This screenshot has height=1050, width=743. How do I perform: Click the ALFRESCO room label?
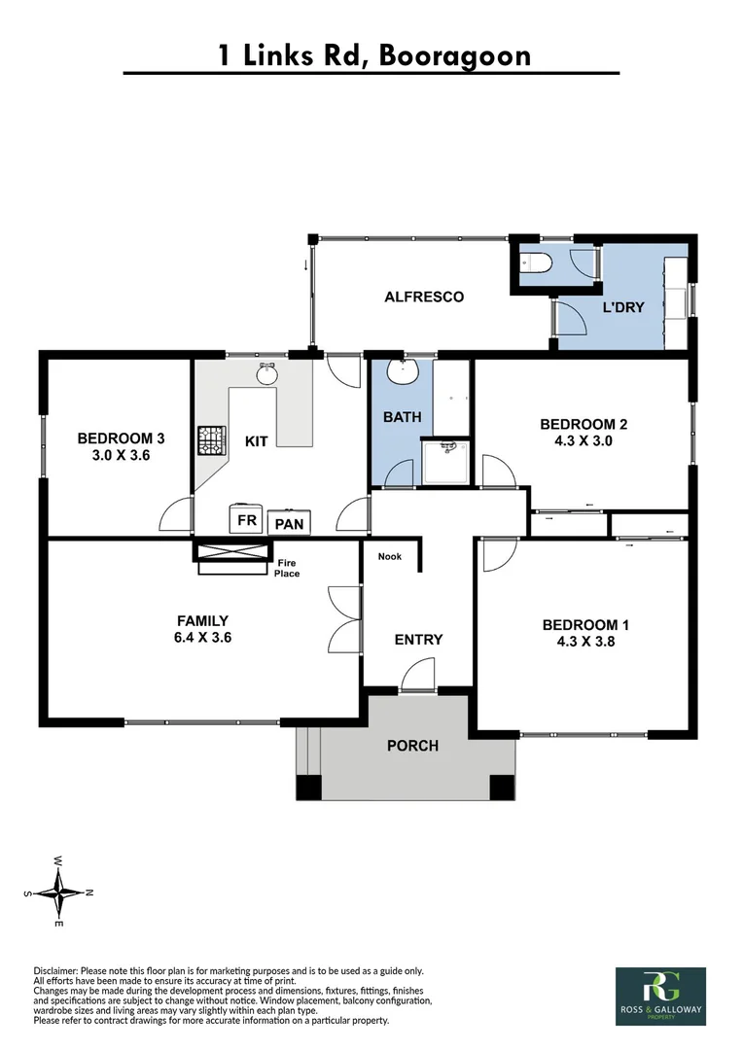[423, 297]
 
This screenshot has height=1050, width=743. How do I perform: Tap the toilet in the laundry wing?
[539, 262]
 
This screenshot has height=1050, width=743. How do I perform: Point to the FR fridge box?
[247, 520]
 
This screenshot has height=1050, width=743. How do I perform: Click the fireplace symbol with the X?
[231, 552]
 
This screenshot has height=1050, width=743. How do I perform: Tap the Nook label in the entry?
[389, 557]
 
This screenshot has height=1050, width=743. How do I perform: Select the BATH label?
[402, 417]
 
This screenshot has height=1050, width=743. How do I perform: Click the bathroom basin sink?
[401, 371]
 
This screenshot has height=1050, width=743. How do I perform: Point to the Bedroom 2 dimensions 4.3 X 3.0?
[578, 440]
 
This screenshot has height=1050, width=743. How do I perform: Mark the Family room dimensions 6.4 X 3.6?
[202, 638]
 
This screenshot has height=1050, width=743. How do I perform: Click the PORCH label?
[412, 746]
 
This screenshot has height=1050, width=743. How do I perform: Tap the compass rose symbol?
[59, 891]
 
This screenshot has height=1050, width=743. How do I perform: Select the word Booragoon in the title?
[456, 54]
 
